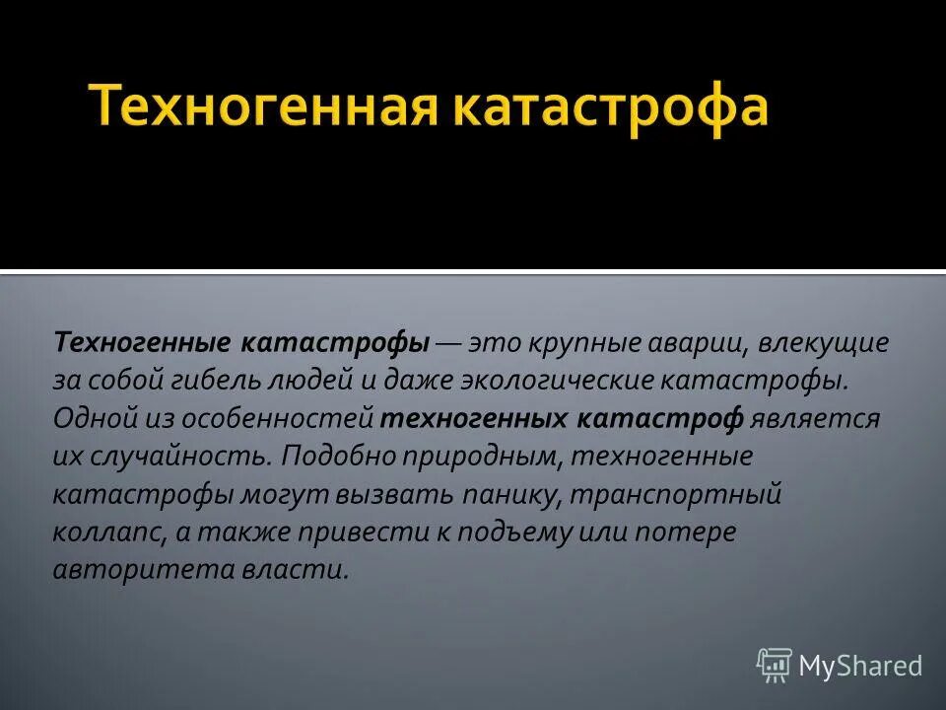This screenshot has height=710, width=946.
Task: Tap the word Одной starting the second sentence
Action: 91,418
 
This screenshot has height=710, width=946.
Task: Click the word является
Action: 815,418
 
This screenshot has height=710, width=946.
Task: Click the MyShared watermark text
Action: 860,666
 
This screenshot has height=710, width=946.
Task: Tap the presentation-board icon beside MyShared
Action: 774,666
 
